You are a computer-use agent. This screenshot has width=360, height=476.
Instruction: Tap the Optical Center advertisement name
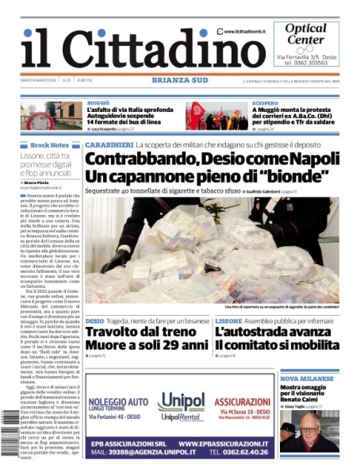[305, 34]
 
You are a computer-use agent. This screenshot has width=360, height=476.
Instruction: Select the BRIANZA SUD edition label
[179, 80]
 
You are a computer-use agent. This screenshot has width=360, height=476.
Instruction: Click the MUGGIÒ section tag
[98, 103]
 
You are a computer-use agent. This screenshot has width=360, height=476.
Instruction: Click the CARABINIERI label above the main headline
[109, 145]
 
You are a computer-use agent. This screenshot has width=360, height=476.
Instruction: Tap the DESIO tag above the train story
[94, 321]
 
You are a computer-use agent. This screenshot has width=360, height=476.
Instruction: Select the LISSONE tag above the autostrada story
[228, 321]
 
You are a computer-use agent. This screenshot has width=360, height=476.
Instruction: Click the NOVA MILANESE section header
[306, 379]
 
